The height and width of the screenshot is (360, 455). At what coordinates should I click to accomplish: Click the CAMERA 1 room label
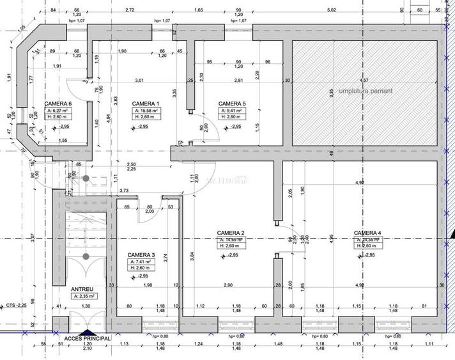(144, 104)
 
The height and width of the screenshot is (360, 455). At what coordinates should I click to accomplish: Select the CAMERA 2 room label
(231, 233)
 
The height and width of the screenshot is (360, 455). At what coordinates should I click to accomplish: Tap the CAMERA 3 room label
(141, 254)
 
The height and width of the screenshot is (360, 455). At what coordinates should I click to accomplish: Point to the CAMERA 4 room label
(367, 233)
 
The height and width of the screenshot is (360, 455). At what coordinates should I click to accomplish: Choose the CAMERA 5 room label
(231, 104)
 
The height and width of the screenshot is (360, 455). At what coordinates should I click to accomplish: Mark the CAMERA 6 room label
(58, 104)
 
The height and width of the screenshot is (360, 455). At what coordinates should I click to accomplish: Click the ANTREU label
(84, 288)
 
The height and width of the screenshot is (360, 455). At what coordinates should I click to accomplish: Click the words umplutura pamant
(365, 91)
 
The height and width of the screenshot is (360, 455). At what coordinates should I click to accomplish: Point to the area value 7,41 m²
(141, 262)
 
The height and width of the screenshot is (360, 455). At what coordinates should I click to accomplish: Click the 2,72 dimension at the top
(130, 10)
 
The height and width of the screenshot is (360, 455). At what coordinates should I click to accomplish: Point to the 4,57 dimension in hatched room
(364, 80)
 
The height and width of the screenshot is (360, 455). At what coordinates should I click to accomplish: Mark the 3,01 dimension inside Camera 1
(139, 80)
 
